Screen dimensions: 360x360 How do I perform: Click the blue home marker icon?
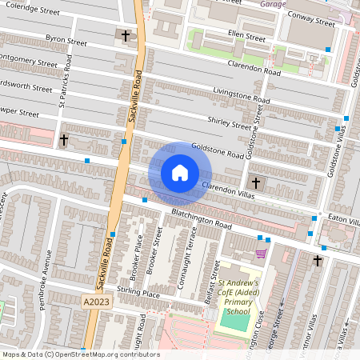180,172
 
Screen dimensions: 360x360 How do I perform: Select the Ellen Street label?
246,37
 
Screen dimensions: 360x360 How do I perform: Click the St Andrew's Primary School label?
238,298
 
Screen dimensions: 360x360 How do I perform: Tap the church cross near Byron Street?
125,36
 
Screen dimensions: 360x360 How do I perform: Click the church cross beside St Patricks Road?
64,141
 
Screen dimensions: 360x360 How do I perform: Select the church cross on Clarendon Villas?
255,182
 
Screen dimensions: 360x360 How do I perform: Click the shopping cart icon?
261,254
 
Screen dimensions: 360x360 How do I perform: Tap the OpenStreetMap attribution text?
80,354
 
